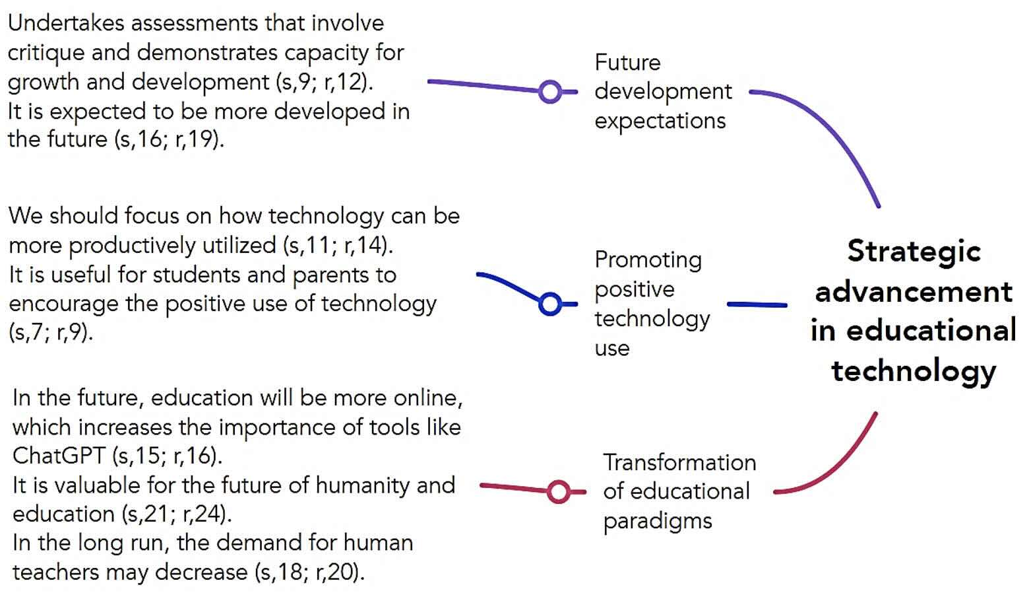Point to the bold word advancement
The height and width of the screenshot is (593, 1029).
[914, 292]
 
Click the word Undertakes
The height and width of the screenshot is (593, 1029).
[66, 23]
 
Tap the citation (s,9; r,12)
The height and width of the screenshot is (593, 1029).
[325, 83]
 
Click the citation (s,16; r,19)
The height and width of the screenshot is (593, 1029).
[169, 139]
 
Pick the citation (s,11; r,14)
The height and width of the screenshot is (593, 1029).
[338, 245]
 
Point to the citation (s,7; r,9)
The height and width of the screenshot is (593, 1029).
[51, 332]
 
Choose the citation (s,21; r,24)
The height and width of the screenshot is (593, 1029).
[177, 514]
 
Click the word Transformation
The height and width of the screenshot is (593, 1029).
[679, 462]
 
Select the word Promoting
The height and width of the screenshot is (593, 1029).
[648, 261]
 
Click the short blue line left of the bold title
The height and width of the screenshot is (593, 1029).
[757, 304]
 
